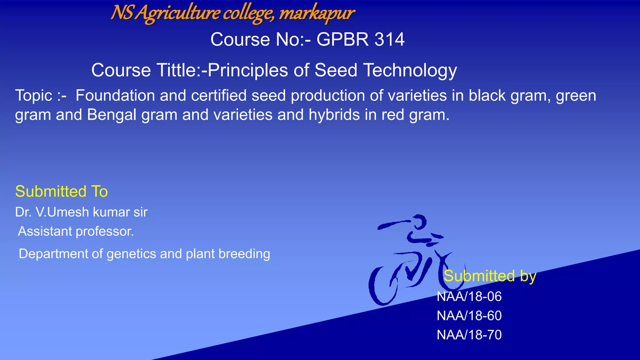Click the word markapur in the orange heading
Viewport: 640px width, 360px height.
316,13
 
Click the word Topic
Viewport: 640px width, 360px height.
34,95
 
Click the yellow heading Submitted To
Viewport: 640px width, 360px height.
62,191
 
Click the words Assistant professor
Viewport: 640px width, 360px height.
76,232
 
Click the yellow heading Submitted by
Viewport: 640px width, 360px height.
490,276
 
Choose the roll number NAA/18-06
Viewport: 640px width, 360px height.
469,297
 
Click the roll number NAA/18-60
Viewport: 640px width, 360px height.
469,316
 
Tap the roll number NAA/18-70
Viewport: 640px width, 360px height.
469,335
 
